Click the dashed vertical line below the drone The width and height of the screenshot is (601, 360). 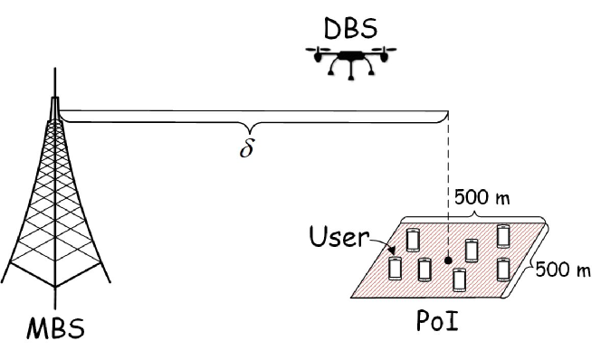click(x=449, y=181)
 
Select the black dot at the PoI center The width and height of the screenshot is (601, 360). click(x=448, y=261)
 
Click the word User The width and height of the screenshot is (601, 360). click(x=337, y=239)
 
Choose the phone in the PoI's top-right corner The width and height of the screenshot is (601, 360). click(x=503, y=235)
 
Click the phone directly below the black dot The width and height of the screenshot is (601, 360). click(x=460, y=279)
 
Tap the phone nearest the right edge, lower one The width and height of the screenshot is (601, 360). click(x=503, y=269)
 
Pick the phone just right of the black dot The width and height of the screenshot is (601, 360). click(x=471, y=250)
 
